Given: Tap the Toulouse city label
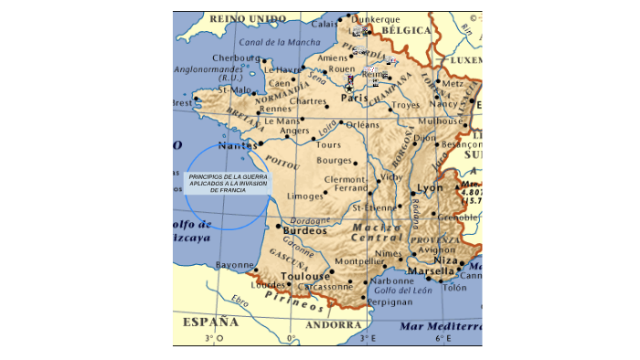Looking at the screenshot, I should (304, 276).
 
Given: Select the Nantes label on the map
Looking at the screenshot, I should (237, 145).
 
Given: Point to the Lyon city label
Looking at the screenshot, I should (429, 188).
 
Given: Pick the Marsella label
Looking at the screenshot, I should (432, 270).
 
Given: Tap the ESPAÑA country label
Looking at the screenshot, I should (210, 322).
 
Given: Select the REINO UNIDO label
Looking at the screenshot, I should (248, 18).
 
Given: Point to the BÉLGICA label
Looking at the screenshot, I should (405, 30).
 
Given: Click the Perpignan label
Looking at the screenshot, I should (391, 301).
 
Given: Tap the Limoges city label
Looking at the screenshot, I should (304, 196).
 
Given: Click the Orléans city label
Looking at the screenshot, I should (362, 124).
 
